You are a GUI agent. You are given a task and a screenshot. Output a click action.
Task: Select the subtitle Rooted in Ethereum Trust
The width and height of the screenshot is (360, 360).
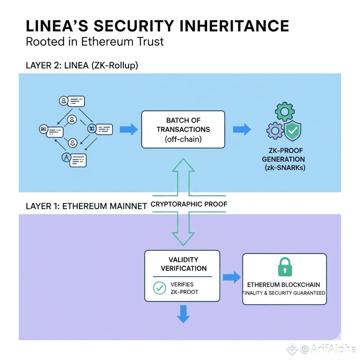pyautogui.click(x=95, y=42)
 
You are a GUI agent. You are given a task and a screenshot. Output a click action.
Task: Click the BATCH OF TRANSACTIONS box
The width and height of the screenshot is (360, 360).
pyautogui.click(x=183, y=129)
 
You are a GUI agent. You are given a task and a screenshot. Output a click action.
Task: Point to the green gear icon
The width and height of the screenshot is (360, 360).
pyautogui.click(x=285, y=112)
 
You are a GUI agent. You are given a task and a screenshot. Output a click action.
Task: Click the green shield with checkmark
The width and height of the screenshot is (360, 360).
pyautogui.click(x=291, y=130)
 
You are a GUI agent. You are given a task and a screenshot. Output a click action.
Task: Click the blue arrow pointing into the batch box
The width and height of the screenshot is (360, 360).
pyautogui.click(x=128, y=129)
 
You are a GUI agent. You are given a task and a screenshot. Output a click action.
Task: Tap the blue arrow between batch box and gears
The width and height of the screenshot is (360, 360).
pyautogui.click(x=242, y=129)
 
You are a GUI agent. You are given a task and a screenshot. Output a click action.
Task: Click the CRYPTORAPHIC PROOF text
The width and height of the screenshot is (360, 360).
pyautogui.click(x=189, y=204)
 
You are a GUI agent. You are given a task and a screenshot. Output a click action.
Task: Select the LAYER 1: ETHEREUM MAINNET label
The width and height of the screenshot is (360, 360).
pyautogui.click(x=86, y=206)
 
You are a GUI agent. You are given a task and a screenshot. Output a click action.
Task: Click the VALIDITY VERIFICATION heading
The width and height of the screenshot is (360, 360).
pyautogui.click(x=183, y=263)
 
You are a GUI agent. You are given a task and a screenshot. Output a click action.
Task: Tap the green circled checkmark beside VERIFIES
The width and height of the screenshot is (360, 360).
pyautogui.click(x=160, y=288)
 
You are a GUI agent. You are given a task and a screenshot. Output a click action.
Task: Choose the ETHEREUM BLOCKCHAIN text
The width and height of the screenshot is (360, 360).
pyautogui.click(x=284, y=284)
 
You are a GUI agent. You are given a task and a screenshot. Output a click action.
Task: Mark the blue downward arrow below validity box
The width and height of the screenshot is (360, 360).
pyautogui.click(x=183, y=314)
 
